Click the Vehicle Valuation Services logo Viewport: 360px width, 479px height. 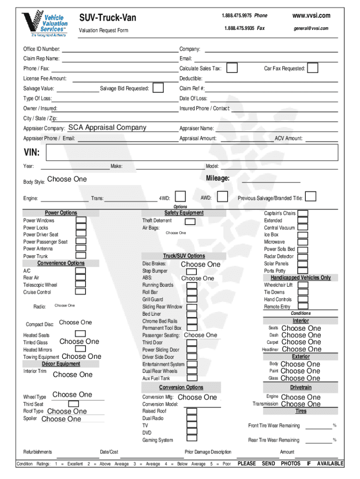45,23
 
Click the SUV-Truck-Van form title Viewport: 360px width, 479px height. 108,18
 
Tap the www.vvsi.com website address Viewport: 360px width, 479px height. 311,15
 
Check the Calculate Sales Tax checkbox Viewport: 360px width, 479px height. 232,68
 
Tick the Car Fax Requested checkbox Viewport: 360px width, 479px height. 313,68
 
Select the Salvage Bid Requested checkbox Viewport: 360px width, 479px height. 158,88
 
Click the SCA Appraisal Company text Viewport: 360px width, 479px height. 107,128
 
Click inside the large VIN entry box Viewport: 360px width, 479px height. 187,152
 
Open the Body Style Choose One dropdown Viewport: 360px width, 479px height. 67,179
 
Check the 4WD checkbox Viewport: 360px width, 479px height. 180,197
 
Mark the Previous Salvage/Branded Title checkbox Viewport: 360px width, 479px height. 311,197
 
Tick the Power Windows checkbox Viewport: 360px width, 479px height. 81,220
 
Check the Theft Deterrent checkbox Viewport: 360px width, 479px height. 190,221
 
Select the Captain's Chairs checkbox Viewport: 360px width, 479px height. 303,213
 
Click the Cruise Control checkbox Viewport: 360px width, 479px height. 81,291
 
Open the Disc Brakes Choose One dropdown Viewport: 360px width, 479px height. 200,264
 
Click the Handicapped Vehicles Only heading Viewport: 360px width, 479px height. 297,277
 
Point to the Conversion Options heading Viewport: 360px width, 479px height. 181,387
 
